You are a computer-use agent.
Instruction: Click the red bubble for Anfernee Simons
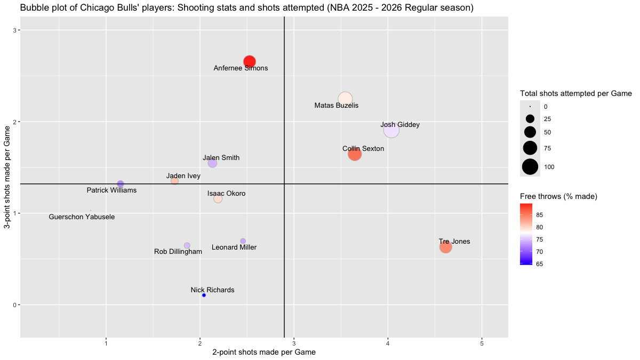249,61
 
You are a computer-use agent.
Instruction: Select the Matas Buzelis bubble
345,99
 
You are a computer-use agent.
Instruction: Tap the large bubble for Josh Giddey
391,130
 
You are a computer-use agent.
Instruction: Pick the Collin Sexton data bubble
355,154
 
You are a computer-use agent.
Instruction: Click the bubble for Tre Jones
446,247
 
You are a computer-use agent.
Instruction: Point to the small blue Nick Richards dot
204,295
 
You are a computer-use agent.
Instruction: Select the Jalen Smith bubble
212,163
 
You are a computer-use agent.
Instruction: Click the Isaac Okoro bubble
218,199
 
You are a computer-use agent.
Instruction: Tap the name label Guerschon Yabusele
82,217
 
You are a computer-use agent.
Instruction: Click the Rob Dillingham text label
178,252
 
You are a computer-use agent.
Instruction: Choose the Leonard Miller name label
234,247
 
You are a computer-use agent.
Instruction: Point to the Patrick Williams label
111,190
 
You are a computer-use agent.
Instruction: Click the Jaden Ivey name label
183,176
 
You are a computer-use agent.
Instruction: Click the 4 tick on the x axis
388,342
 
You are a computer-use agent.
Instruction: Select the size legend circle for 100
530,166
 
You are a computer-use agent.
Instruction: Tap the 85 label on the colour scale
540,215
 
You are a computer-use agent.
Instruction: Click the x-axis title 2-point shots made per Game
264,353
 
